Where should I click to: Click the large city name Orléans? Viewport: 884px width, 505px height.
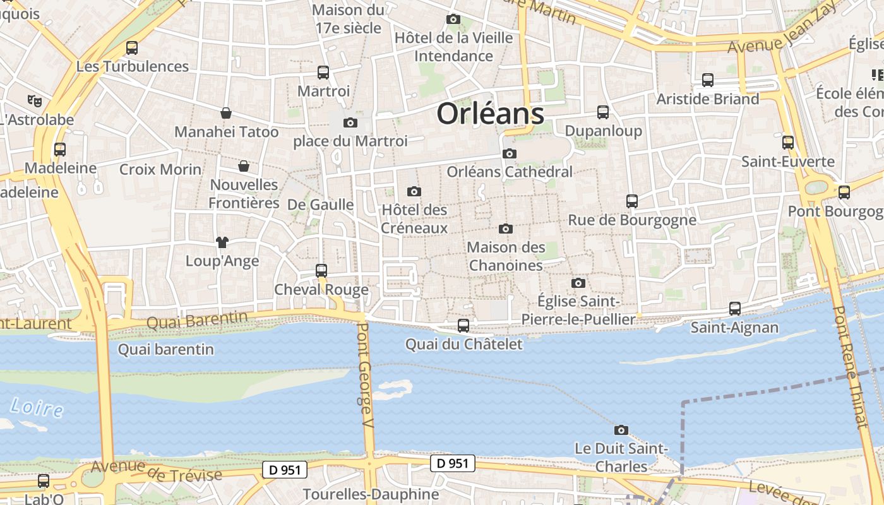490,114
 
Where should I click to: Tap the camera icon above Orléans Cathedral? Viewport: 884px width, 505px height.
510,153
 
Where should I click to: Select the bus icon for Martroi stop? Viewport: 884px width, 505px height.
323,73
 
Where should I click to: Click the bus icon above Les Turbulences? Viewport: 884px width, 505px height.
132,48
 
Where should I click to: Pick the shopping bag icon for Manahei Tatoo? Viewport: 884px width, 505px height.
226,114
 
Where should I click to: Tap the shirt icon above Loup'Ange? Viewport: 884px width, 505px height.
222,242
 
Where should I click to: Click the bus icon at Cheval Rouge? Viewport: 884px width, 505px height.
321,271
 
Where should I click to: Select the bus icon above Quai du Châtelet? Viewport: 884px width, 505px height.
463,326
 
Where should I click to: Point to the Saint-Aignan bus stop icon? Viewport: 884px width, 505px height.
735,309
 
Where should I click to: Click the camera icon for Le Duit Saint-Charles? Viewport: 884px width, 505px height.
621,430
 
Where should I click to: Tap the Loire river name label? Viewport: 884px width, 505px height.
37,407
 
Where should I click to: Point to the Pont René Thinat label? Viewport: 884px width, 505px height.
852,367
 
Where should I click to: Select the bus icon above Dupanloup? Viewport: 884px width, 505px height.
603,112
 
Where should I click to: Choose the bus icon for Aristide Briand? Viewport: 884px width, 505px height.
708,80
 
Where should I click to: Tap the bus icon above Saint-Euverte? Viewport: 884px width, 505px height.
788,143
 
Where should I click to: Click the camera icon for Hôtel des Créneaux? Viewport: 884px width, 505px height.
414,191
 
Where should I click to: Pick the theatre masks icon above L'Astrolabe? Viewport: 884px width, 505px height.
34,100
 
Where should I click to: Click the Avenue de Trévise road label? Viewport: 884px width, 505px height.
157,470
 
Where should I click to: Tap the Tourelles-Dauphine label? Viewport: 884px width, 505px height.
371,494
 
